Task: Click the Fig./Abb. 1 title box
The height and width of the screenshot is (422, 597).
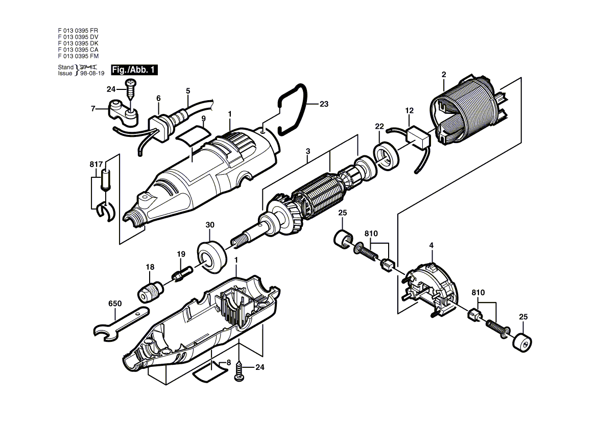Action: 134,69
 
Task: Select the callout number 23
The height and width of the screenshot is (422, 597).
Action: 324,104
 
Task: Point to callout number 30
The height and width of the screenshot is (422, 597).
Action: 210,225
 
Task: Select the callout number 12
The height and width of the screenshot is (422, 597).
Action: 409,111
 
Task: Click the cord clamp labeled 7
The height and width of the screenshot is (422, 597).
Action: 122,114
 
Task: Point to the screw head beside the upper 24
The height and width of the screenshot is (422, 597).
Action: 131,82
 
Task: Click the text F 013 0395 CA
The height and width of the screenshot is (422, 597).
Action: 78,50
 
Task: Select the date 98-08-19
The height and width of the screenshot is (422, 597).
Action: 92,74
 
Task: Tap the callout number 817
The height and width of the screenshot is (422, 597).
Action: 96,165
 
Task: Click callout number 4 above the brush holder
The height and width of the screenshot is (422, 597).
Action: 432,246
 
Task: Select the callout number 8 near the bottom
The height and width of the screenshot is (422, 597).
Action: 228,363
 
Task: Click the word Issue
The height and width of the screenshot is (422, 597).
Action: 65,74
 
